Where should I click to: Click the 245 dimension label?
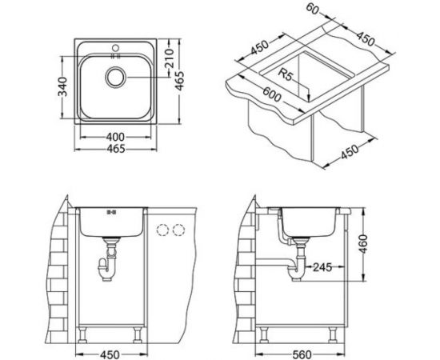pyautogui.click(x=324, y=267)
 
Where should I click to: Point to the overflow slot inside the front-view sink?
pyautogui.click(x=110, y=214)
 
